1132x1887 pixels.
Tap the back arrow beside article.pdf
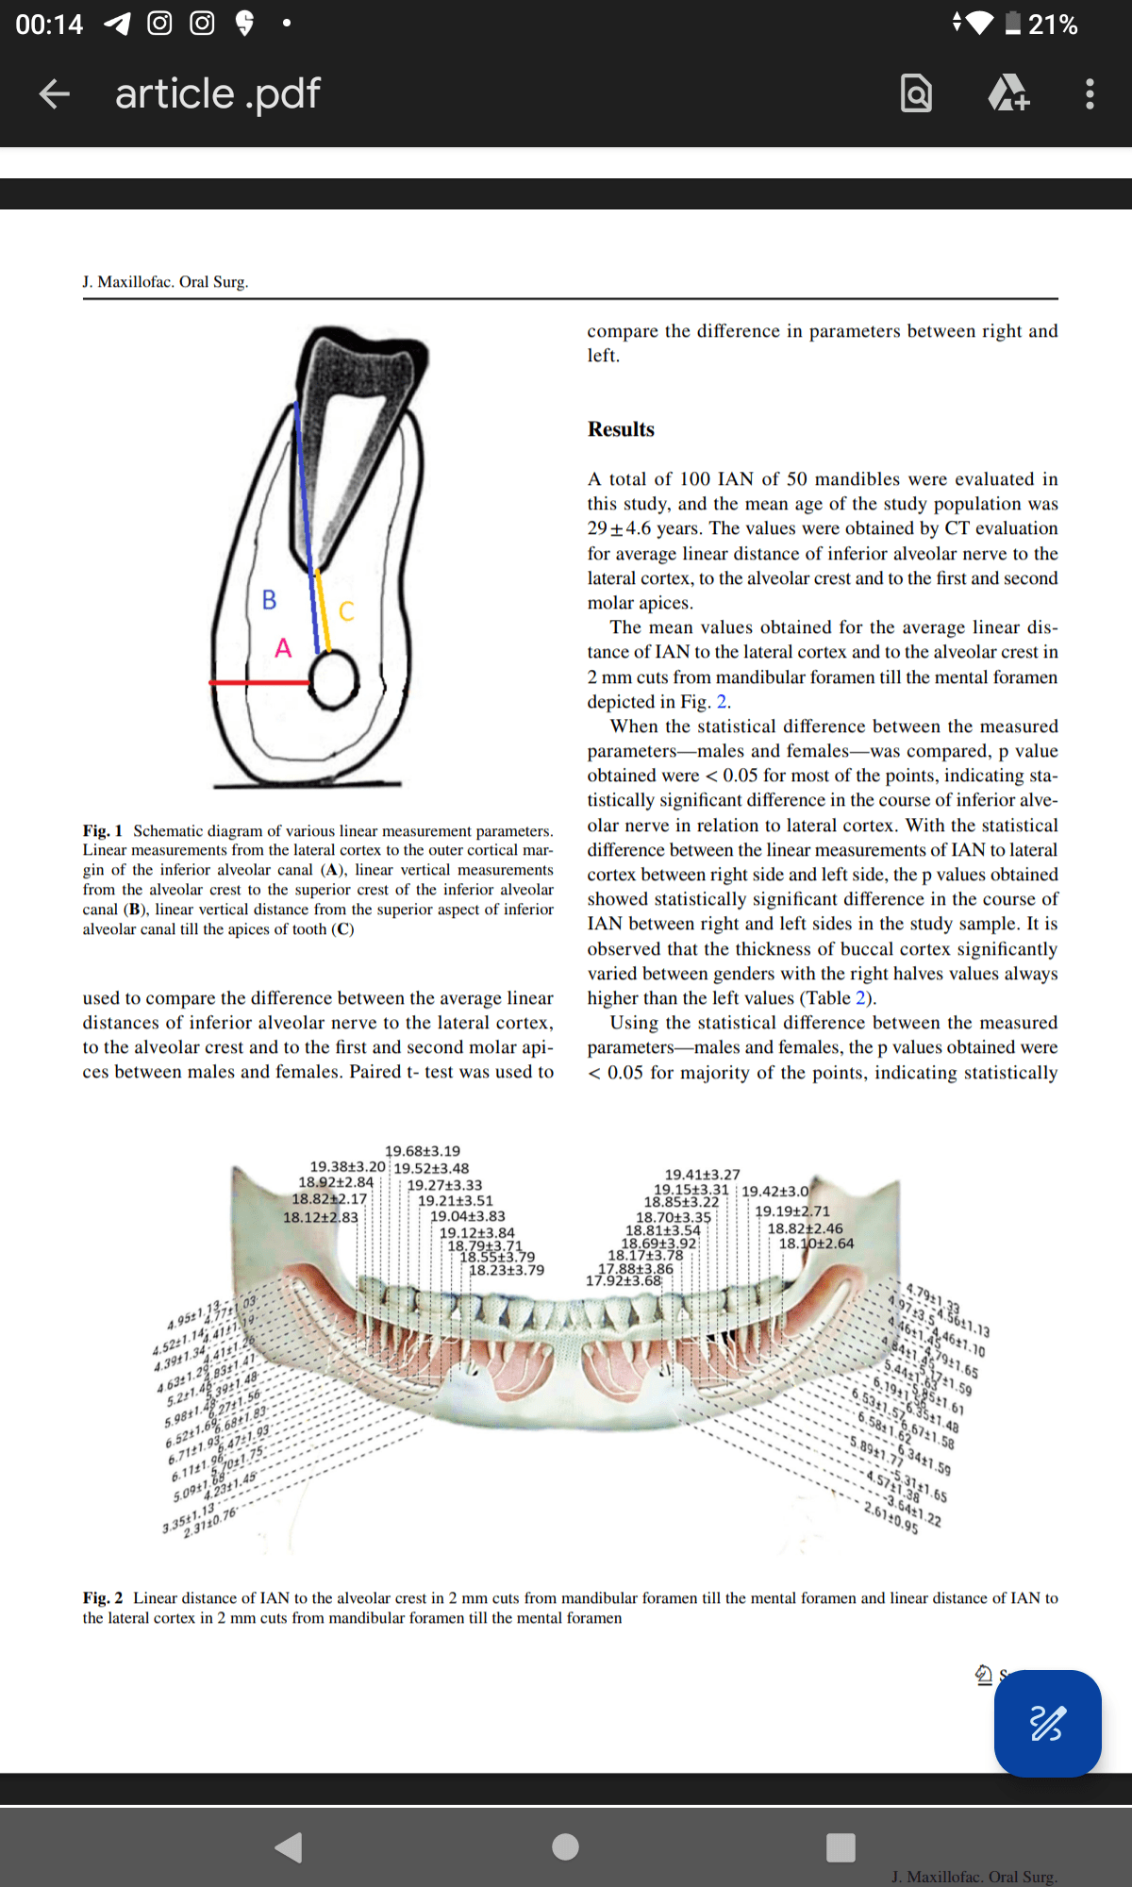55,93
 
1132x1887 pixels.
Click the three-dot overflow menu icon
1090,93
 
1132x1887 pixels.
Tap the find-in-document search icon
916,93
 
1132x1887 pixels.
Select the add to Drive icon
1007,93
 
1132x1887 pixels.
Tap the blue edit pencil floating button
1047,1723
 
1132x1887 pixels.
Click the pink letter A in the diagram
283,648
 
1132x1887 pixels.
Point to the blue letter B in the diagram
270,600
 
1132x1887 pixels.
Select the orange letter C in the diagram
346,611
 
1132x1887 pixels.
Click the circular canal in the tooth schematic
334,680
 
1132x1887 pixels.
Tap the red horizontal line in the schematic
259,681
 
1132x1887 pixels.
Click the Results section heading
621,429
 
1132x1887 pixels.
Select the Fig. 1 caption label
102,830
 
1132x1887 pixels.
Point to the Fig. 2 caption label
102,1597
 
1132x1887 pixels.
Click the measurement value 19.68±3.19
423,1151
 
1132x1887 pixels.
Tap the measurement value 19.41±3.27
703,1175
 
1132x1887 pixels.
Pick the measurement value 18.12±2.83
321,1217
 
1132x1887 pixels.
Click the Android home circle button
565,1846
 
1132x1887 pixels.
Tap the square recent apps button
841,1846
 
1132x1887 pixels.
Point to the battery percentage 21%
1053,24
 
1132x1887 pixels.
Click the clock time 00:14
49,24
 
